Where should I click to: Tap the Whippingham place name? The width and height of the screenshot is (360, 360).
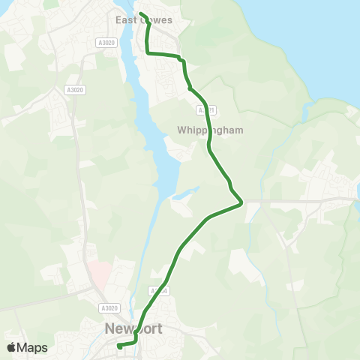[x=211, y=130]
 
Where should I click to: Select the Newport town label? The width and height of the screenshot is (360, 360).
[x=134, y=328]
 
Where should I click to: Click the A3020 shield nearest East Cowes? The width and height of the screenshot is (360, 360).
[x=107, y=43]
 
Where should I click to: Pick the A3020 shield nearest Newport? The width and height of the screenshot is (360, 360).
[x=109, y=307]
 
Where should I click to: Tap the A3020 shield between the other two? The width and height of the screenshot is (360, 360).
[x=75, y=90]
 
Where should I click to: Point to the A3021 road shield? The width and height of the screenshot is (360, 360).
[x=206, y=110]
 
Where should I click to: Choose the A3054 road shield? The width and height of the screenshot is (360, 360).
[x=158, y=291]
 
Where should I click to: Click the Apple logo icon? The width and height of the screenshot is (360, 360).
[x=11, y=347]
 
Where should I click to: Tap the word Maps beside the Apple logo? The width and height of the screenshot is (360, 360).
[x=33, y=347]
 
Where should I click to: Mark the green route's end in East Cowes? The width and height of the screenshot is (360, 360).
[x=140, y=13]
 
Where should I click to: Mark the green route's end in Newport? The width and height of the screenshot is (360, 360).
[x=119, y=346]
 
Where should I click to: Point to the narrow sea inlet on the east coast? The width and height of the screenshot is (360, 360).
[x=306, y=112]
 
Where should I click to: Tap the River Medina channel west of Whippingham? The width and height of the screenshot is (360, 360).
[x=159, y=135]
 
